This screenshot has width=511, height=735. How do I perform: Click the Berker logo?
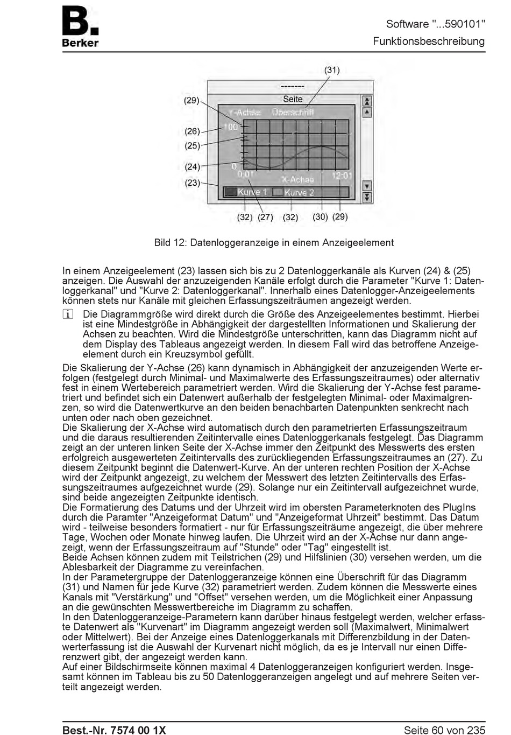[80, 27]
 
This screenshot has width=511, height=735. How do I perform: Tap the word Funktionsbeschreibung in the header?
[429, 41]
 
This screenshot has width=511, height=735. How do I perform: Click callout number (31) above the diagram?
[332, 70]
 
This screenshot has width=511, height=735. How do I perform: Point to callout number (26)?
[192, 131]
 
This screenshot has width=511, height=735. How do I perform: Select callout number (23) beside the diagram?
[192, 183]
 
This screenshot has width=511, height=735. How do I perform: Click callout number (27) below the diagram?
[265, 218]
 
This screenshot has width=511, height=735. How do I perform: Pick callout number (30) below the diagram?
[320, 217]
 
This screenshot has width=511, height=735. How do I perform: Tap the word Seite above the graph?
[293, 99]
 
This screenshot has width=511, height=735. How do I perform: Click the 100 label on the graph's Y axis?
[231, 127]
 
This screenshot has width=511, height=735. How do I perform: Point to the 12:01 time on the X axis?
[342, 175]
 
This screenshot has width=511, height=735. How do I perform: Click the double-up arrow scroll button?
[367, 101]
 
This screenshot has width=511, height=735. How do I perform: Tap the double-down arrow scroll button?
[367, 198]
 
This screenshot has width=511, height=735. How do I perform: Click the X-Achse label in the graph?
[297, 179]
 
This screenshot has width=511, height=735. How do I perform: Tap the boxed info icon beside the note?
[67, 314]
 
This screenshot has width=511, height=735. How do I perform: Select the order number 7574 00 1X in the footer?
[138, 730]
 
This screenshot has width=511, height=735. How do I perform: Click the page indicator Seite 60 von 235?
[444, 730]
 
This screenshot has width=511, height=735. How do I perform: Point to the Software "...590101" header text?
[435, 24]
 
